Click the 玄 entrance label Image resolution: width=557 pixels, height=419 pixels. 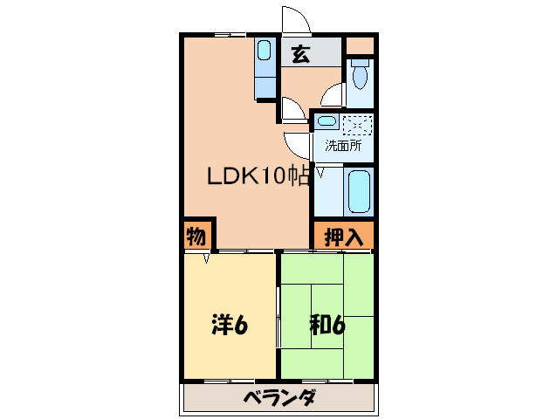[x=299, y=54]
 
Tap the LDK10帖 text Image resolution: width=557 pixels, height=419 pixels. [x=258, y=176]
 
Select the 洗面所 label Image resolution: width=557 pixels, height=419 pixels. [x=343, y=146]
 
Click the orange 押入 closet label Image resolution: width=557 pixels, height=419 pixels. [x=343, y=236]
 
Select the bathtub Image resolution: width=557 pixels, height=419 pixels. [x=359, y=190]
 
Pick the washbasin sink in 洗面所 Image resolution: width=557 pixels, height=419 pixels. [x=327, y=123]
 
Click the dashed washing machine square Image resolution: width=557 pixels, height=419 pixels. [x=358, y=125]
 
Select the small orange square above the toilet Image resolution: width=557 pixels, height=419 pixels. [x=359, y=45]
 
